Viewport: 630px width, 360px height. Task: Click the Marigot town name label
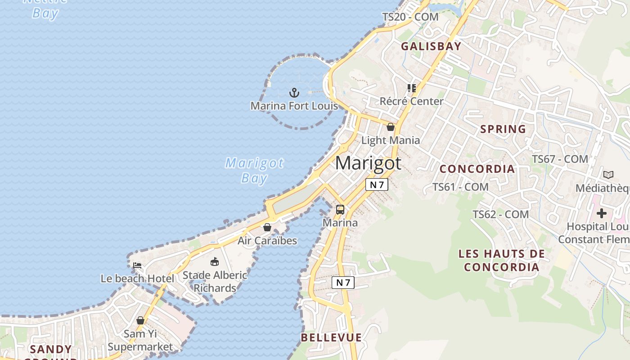click(368, 162)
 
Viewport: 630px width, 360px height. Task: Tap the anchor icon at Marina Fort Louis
click(294, 93)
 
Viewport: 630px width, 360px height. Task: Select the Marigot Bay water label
click(255, 170)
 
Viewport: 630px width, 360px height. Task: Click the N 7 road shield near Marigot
click(377, 184)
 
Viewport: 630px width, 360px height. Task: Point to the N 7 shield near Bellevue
click(343, 283)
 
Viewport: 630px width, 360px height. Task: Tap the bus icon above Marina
click(340, 210)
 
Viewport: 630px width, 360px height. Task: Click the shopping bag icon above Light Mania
click(391, 127)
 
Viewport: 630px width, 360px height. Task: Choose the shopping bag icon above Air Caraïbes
click(267, 227)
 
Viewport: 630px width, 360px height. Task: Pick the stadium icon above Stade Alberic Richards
click(215, 261)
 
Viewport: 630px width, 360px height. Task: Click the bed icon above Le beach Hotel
click(137, 265)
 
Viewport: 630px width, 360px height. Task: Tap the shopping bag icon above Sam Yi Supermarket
click(140, 320)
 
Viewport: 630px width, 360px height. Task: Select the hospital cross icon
click(602, 213)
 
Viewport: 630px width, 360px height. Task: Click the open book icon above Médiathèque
click(608, 175)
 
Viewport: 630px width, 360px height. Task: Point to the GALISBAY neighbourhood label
click(431, 46)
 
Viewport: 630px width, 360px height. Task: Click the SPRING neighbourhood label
click(503, 129)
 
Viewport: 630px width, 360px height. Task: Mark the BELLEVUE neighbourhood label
click(331, 337)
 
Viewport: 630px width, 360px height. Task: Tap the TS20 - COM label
click(410, 17)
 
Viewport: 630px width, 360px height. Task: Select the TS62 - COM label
click(500, 215)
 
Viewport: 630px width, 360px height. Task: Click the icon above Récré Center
click(411, 88)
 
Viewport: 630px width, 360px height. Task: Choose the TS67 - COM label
click(560, 159)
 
